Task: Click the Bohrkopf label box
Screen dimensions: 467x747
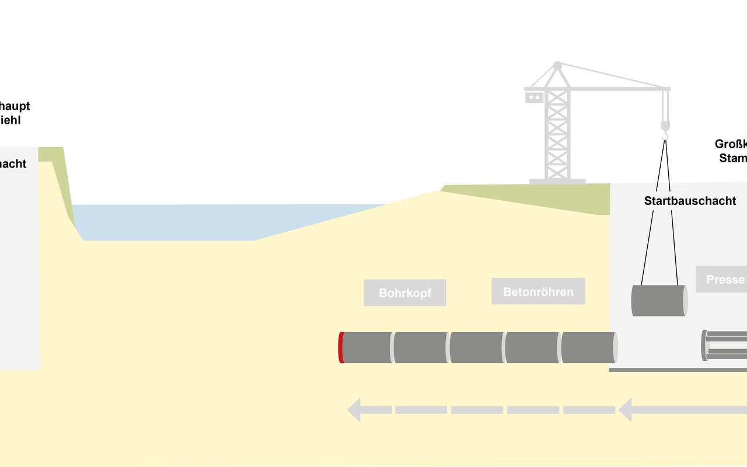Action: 405,292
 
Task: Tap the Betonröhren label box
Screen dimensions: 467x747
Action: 538,291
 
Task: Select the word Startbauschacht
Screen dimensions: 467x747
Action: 690,201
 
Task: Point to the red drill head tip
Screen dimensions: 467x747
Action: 341,347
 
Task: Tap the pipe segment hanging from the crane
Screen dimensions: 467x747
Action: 659,301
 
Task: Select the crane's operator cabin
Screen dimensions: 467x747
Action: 534,97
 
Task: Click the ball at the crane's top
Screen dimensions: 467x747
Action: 557,65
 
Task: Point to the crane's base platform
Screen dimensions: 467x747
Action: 557,182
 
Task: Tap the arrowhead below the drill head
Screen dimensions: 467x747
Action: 354,410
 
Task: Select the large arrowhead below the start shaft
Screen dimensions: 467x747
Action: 626,410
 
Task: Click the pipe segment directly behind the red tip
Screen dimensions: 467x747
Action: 366,347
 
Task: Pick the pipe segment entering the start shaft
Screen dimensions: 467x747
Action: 588,347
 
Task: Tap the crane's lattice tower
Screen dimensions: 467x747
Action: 557,134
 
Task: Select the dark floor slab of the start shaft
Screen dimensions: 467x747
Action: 677,370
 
